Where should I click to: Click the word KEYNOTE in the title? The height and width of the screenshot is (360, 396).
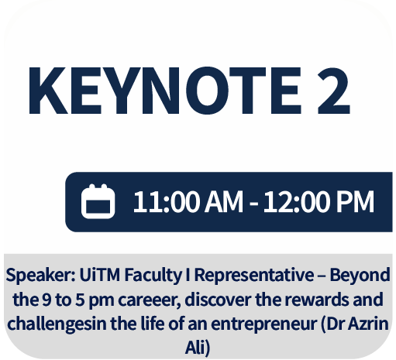coord(165,91)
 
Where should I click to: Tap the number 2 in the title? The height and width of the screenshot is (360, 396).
coord(334,91)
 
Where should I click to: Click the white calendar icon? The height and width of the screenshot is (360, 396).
coord(98,201)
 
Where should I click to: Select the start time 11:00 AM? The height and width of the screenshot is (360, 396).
coord(188,201)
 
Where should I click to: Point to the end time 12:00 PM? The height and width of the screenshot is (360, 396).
coord(319,201)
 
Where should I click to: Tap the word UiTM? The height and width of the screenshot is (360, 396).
coord(100,275)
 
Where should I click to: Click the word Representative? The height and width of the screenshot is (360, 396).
coord(254,276)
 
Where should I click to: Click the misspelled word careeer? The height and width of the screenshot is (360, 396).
coord(150,300)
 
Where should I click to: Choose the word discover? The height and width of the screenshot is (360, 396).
coord(218,300)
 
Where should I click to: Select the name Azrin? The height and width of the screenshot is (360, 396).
coord(368,324)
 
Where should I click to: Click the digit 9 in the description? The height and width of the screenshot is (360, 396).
coord(46,300)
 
